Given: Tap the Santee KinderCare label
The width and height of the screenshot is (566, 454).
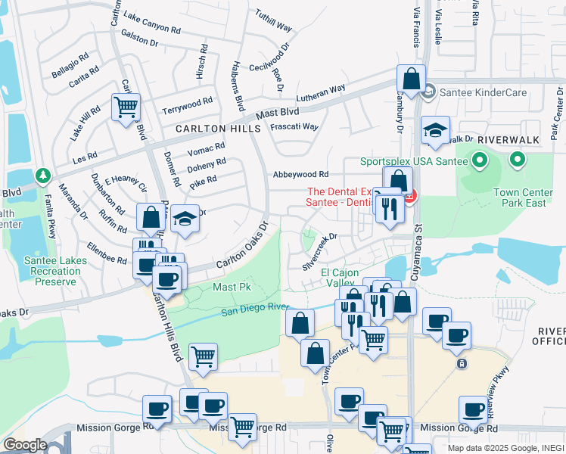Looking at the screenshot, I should tap(474, 92).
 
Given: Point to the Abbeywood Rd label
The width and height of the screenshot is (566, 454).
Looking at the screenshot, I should tap(300, 174).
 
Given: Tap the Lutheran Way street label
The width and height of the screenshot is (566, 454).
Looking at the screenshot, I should tap(320, 93).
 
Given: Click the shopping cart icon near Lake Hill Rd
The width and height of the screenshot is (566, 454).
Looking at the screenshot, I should tap(126, 107).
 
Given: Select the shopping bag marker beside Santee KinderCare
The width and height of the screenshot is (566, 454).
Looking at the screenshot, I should tap(410, 79).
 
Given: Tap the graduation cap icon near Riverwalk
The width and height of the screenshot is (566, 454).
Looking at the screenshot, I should tap(435, 131).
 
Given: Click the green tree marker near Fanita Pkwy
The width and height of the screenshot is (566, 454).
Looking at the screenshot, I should tap(43, 176).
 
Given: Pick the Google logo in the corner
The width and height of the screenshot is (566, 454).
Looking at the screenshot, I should tap(24, 445).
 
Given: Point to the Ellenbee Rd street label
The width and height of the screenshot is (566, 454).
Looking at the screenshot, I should tap(106, 253).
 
